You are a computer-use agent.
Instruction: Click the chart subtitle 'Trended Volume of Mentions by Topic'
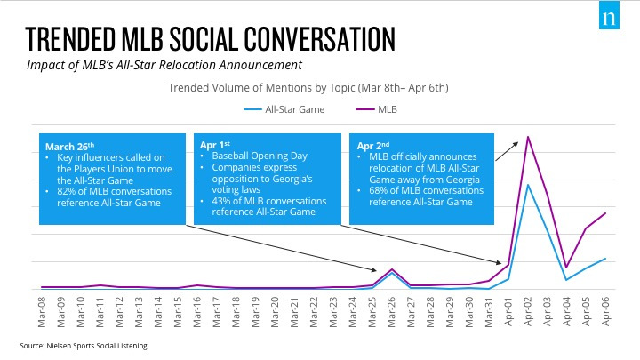pos(308,87)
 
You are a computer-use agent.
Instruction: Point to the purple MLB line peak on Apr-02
pos(528,137)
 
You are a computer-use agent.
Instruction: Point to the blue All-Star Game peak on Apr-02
pos(528,185)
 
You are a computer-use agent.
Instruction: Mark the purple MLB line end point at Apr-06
pos(605,213)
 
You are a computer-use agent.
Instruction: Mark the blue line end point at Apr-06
pos(605,259)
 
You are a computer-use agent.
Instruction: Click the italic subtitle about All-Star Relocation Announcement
pos(164,64)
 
